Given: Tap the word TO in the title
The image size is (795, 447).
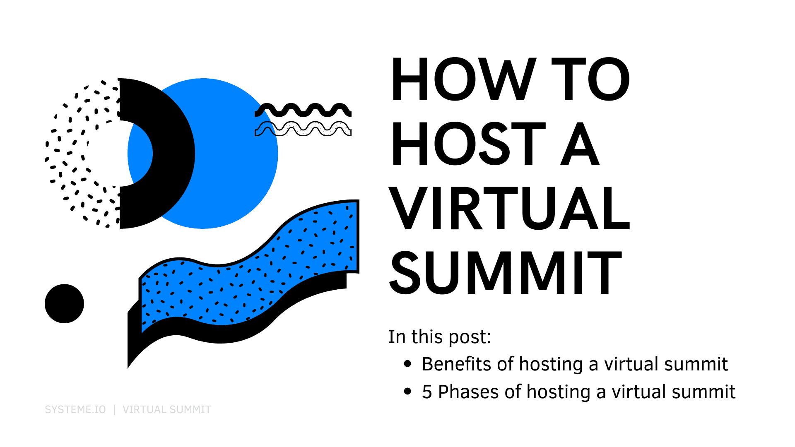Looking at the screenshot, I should (x=590, y=79).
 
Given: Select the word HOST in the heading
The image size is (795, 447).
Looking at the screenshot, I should (x=468, y=144).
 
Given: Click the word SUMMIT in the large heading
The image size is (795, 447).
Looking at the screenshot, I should (x=506, y=273).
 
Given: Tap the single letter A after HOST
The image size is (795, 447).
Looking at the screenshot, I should (x=580, y=144).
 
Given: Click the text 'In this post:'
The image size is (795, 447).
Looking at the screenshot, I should (x=439, y=337).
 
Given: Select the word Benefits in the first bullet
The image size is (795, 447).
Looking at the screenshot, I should (x=456, y=364).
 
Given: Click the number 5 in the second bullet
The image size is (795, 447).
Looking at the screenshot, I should (x=427, y=392).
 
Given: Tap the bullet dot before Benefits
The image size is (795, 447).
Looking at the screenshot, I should (x=408, y=364).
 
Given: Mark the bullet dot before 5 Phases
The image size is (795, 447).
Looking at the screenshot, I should (x=408, y=391).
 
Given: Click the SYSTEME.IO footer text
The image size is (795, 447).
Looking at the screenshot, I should (x=75, y=410).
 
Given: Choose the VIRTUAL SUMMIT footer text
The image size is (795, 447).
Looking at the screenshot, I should (x=167, y=410).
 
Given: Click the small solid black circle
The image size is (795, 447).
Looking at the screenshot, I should (x=64, y=303).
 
